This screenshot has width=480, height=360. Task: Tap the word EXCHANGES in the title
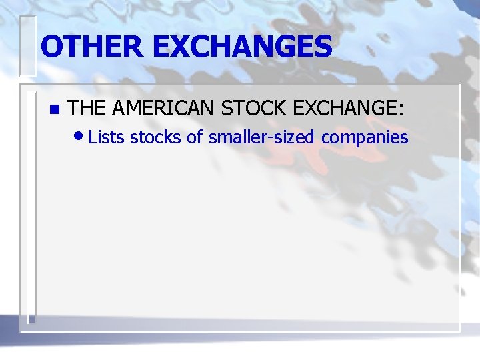point(243,47)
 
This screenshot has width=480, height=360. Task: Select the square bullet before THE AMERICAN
point(54,109)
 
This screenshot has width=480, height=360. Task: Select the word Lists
point(107,137)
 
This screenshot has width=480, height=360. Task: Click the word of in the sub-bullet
point(194,137)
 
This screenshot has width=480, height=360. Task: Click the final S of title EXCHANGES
point(321,47)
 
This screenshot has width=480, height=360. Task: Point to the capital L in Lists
point(93,137)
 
